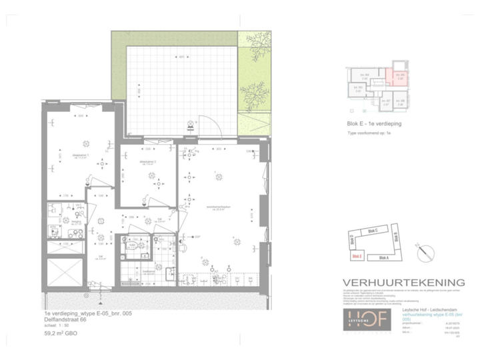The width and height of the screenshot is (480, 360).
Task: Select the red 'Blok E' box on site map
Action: [x=357, y=255]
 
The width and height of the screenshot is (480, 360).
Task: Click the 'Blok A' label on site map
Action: [x=383, y=257]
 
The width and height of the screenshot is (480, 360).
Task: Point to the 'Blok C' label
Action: [x=372, y=231]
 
